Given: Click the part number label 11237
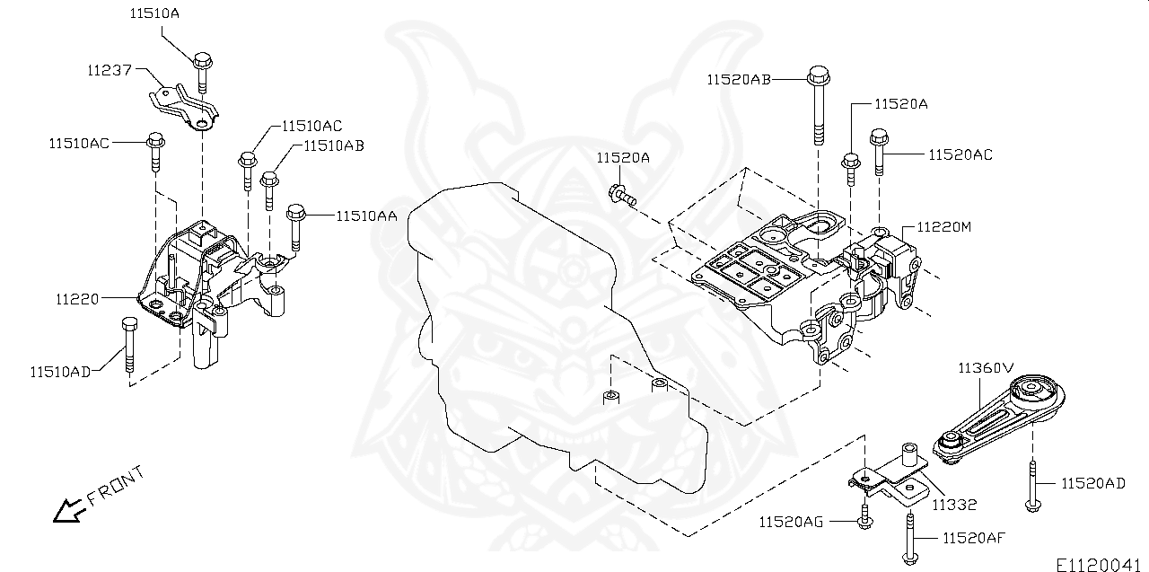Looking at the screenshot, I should [110, 69].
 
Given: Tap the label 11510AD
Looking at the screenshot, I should [59, 372].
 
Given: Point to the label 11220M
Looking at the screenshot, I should [943, 227].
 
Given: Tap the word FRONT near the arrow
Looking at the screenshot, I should [115, 486].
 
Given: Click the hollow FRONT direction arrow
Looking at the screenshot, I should [67, 511].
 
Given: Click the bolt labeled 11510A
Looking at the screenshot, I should [201, 73].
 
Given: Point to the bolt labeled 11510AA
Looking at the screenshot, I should [297, 228].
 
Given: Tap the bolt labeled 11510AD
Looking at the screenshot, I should [128, 346].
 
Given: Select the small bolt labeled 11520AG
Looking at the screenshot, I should [864, 516].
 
